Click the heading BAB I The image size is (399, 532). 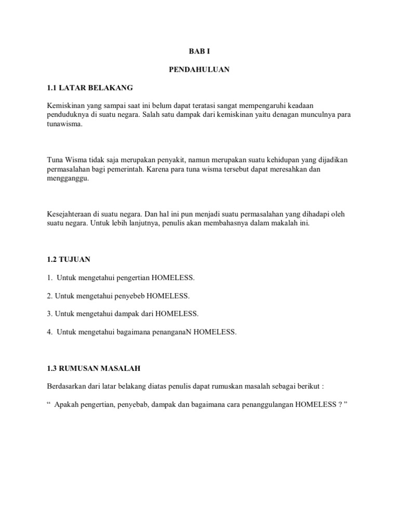199,52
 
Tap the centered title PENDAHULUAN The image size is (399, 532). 199,70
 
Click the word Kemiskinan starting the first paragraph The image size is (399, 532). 64,105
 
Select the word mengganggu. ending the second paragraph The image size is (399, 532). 68,178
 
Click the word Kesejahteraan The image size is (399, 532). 68,215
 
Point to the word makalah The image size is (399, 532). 279,224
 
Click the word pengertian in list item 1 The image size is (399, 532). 124,278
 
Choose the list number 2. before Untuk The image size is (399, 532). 50,296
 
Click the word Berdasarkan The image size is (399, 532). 66,387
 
